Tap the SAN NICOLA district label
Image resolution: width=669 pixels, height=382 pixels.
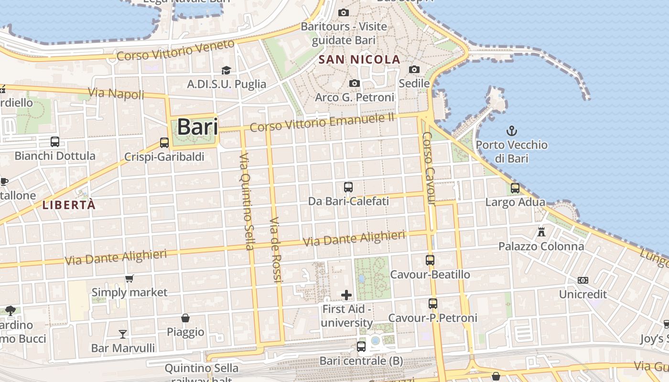(x=359, y=60)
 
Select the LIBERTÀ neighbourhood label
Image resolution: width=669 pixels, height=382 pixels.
(x=69, y=205)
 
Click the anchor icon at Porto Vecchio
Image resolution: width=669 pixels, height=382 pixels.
(x=512, y=130)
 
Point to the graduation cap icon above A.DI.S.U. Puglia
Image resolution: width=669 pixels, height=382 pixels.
(x=226, y=71)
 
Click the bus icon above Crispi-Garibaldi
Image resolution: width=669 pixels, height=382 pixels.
(x=164, y=142)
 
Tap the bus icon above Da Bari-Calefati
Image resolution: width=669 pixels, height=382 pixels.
(x=348, y=187)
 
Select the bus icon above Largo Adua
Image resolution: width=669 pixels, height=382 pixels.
(x=515, y=188)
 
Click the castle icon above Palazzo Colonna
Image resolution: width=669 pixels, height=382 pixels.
(x=541, y=233)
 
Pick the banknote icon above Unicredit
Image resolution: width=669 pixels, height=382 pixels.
(x=583, y=280)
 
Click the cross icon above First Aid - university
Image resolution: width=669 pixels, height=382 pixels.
(x=347, y=295)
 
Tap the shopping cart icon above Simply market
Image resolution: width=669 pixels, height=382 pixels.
(x=129, y=278)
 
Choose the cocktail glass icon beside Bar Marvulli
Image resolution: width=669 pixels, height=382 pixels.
(x=123, y=334)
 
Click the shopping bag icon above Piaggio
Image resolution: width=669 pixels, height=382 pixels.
(x=185, y=318)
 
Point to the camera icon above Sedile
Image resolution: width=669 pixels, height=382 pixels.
(x=414, y=70)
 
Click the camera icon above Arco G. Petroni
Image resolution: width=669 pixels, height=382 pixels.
(x=355, y=84)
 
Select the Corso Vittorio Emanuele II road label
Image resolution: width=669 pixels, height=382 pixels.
(x=323, y=122)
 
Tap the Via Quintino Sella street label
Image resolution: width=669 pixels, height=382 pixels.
(x=247, y=202)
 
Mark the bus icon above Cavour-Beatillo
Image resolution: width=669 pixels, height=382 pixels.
(x=430, y=260)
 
